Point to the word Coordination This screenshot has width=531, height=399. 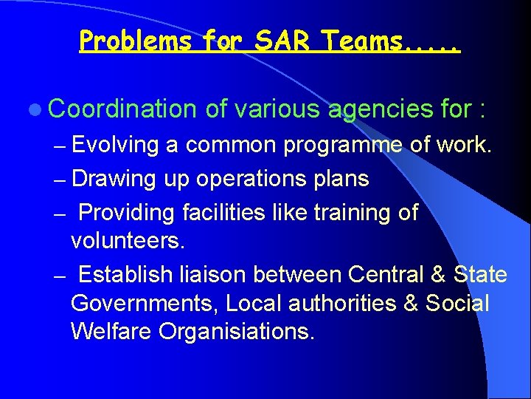click(122, 110)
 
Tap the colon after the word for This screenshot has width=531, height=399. click(481, 111)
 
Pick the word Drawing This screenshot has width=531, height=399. click(114, 179)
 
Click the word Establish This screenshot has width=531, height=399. click(126, 275)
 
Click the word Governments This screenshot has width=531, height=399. click(145, 304)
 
